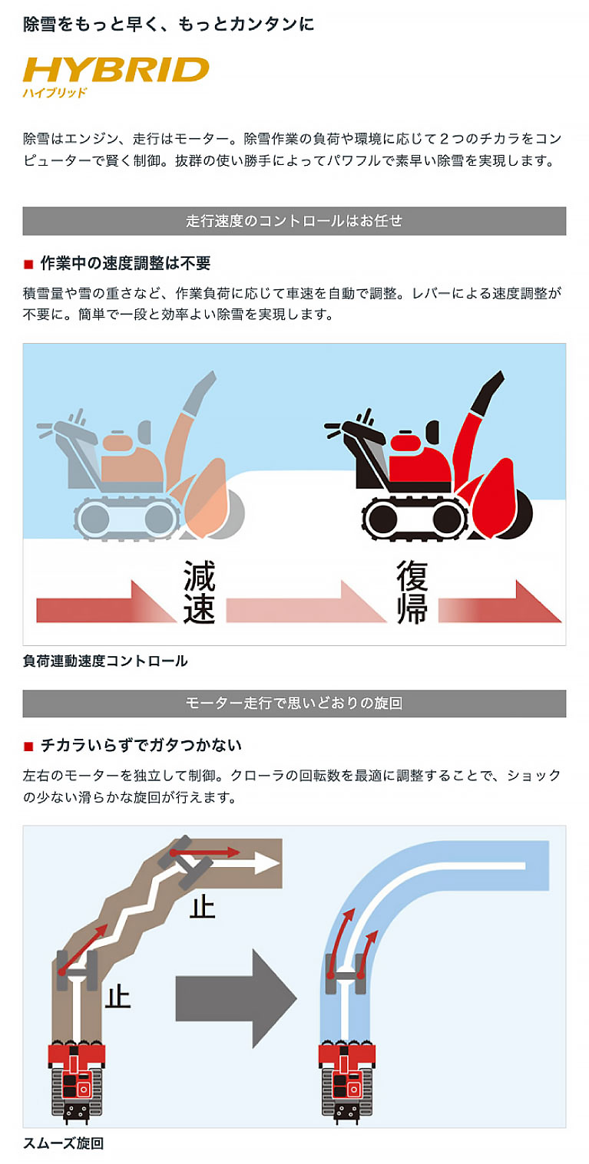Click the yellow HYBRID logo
(115, 70)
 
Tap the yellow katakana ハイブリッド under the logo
(55, 93)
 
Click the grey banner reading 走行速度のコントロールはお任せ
(294, 221)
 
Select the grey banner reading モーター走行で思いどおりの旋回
(294, 703)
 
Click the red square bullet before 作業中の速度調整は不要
(28, 264)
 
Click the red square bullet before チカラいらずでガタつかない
(28, 747)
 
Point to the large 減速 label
(199, 592)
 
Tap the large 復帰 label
(412, 592)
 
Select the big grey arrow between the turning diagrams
(237, 998)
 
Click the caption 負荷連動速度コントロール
(105, 661)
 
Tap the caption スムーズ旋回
(64, 1143)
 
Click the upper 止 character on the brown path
(202, 907)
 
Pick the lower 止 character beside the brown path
(117, 997)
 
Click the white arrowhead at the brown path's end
(267, 864)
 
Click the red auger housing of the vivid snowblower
(497, 499)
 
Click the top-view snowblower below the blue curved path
(347, 1081)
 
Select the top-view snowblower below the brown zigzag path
(77, 1081)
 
